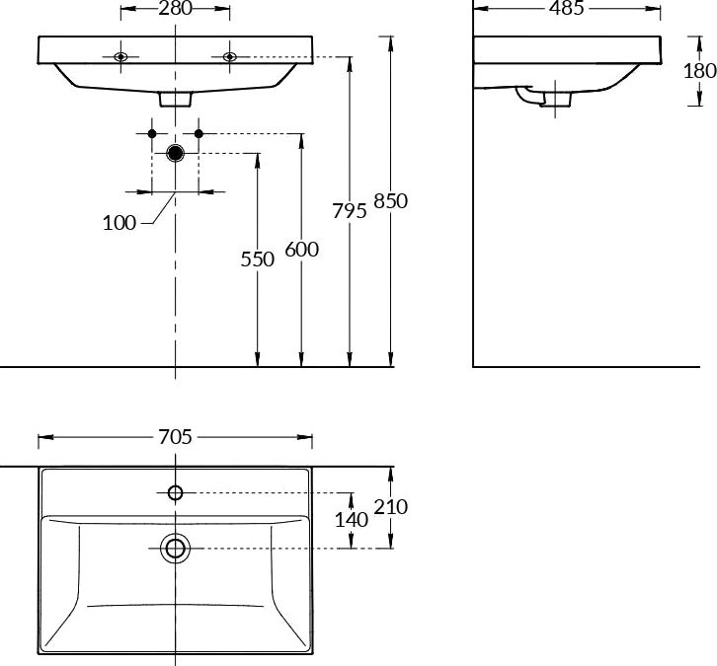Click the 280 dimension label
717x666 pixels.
pyautogui.click(x=175, y=8)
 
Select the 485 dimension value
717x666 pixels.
pyautogui.click(x=567, y=8)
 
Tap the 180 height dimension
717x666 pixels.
pyautogui.click(x=699, y=71)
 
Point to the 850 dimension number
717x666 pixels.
pyautogui.click(x=390, y=201)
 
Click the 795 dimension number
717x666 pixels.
pyautogui.click(x=350, y=211)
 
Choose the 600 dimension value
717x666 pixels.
pyautogui.click(x=302, y=250)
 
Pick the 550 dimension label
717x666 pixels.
pyautogui.click(x=258, y=259)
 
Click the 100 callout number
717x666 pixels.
pyautogui.click(x=119, y=223)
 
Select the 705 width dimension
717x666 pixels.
pyautogui.click(x=175, y=437)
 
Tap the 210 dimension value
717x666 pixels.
pyautogui.click(x=390, y=507)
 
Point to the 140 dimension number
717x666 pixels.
pyautogui.click(x=352, y=520)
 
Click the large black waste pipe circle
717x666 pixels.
pyautogui.click(x=175, y=153)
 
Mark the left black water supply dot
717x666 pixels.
pyautogui.click(x=152, y=133)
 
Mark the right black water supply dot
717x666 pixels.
pyautogui.click(x=199, y=133)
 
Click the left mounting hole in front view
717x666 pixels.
pyautogui.click(x=120, y=57)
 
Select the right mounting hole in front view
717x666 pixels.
pyautogui.click(x=229, y=57)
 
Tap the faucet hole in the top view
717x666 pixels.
pyautogui.click(x=175, y=493)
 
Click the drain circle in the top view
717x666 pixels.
pyautogui.click(x=175, y=549)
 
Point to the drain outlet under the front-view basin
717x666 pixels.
pyautogui.click(x=175, y=99)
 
